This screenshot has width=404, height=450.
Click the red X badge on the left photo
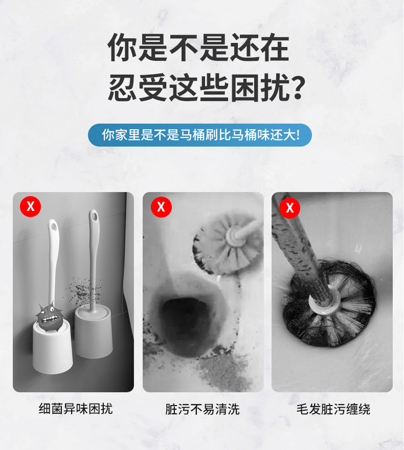tap(30, 206)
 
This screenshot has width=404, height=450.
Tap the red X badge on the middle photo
tap(161, 206)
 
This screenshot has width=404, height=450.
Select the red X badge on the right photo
tap(290, 207)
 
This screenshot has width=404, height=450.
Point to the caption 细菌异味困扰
tap(76, 409)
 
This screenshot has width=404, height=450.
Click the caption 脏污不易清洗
tap(203, 409)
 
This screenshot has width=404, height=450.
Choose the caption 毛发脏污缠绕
tap(333, 409)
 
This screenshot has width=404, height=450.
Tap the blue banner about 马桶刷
tap(200, 135)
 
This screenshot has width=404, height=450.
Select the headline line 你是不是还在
tap(198, 48)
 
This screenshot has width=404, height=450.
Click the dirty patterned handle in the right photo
tap(296, 240)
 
